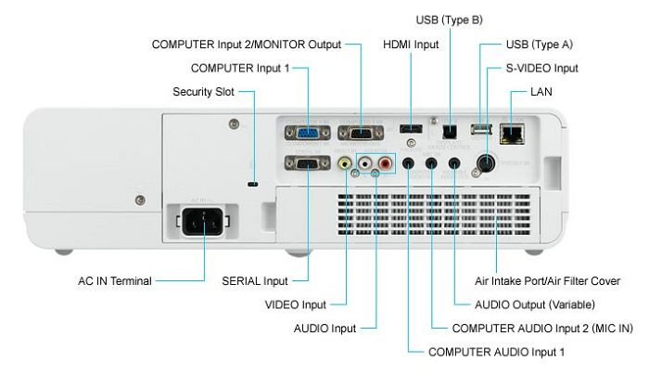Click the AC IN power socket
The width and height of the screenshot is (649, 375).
coord(198,223)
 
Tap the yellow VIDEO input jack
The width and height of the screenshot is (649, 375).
coord(345,164)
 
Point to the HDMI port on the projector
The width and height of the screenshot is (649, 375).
coord(410,128)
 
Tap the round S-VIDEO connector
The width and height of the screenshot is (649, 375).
coord(483,163)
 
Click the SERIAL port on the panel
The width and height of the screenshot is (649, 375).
coord(307,164)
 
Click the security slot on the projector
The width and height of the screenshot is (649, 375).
coord(252,184)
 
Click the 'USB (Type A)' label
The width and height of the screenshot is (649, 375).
coord(538,45)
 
